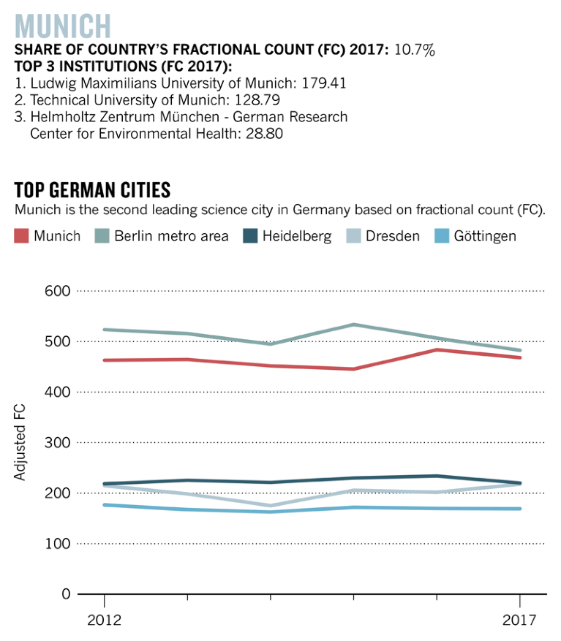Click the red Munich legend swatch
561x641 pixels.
tap(21, 236)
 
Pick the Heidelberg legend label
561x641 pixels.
tap(296, 236)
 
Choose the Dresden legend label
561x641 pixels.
tap(392, 236)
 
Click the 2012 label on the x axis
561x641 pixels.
tap(104, 621)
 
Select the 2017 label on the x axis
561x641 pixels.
tap(519, 621)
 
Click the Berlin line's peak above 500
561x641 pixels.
tap(354, 325)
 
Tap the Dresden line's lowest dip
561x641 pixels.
tap(271, 505)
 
